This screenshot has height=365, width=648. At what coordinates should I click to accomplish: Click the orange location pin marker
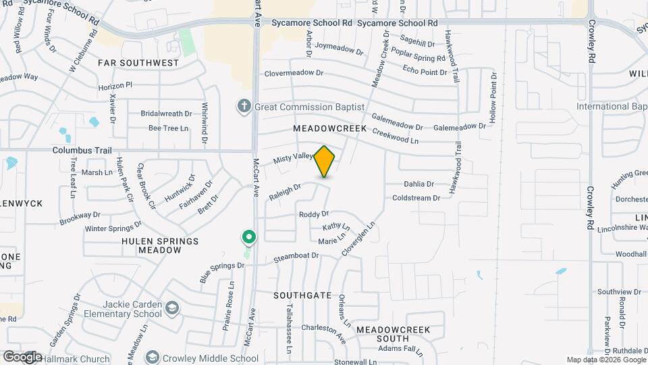click(x=325, y=161)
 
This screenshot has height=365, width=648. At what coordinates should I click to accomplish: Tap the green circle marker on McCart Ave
click(x=249, y=237)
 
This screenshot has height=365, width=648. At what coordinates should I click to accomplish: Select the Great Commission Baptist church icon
click(x=244, y=106)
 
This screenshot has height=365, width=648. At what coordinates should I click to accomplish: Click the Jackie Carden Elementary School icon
click(x=172, y=309)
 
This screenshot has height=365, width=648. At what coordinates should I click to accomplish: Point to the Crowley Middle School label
click(x=207, y=358)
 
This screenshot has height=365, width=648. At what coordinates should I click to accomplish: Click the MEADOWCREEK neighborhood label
click(x=330, y=128)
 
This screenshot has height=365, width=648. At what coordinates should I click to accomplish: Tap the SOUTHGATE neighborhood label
click(x=302, y=295)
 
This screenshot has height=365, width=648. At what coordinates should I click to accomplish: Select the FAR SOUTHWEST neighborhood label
click(x=138, y=63)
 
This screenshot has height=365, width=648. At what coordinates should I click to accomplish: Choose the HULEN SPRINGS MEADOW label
click(x=160, y=245)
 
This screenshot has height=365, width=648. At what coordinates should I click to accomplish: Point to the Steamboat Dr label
click(x=296, y=258)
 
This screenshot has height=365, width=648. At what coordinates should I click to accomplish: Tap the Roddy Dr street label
click(x=313, y=214)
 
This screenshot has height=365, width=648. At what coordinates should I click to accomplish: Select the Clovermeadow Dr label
click(x=294, y=73)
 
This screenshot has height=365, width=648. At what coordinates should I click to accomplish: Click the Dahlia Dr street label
click(x=418, y=183)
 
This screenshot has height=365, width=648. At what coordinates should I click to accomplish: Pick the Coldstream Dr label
click(x=416, y=197)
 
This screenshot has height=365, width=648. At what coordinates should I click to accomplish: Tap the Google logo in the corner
click(x=22, y=356)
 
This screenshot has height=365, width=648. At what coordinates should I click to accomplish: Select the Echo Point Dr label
click(x=424, y=71)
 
